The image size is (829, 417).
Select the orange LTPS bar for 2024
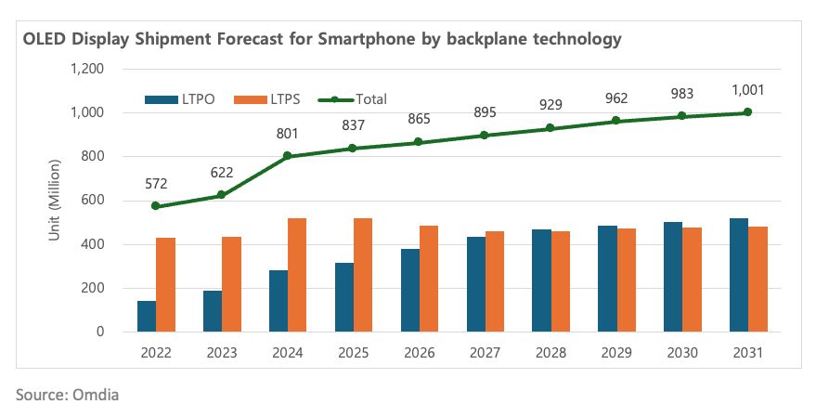point(297,275)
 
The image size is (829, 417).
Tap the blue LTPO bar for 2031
point(739,275)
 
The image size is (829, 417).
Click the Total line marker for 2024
point(288,156)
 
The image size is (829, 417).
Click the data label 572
point(156,184)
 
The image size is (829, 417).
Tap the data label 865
point(419,120)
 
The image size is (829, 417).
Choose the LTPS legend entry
point(262,99)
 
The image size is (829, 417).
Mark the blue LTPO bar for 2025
point(344,297)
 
